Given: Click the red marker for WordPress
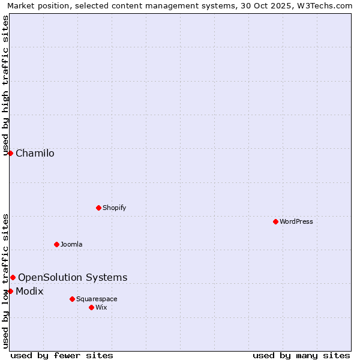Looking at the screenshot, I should coord(275,221).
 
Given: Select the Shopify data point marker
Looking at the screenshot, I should coord(98,208).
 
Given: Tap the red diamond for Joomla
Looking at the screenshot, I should coord(56,244).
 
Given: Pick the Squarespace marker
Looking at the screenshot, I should coord(72,299).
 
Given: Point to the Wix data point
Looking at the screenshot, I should coord(91,307).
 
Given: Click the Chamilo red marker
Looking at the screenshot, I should coord(10,153).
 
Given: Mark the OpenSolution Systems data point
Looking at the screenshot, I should coord(13,277).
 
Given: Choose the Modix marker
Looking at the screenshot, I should coord(10,291).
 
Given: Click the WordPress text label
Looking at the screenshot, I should coord(296,221).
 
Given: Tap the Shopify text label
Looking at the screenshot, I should coord(114,208).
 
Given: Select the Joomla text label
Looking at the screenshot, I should coord(71,244).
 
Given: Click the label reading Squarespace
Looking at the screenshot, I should coord(97,299).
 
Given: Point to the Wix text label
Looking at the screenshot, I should coord(101,307).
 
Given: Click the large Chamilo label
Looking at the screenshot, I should coord(35,153).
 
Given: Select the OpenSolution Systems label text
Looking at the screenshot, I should coord(73,277).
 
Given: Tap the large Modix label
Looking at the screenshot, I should coord(29,292).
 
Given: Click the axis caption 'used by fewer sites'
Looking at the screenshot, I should coord(62,355).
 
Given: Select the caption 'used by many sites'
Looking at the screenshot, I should coord(301,355).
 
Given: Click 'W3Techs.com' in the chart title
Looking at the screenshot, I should coord(327,5).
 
